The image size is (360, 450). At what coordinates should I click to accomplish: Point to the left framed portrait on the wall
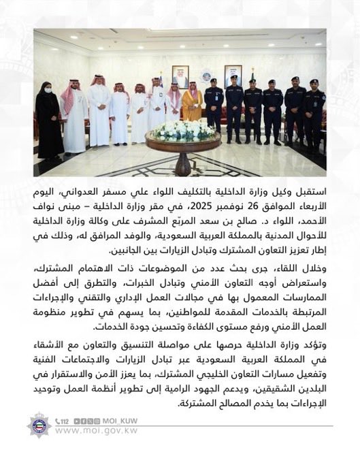click(x=180, y=76)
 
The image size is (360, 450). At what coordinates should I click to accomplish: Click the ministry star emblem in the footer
click(x=39, y=425)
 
